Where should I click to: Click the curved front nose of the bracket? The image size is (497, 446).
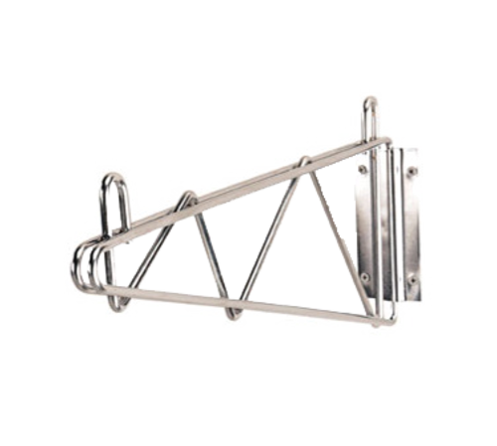coord(80,260)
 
